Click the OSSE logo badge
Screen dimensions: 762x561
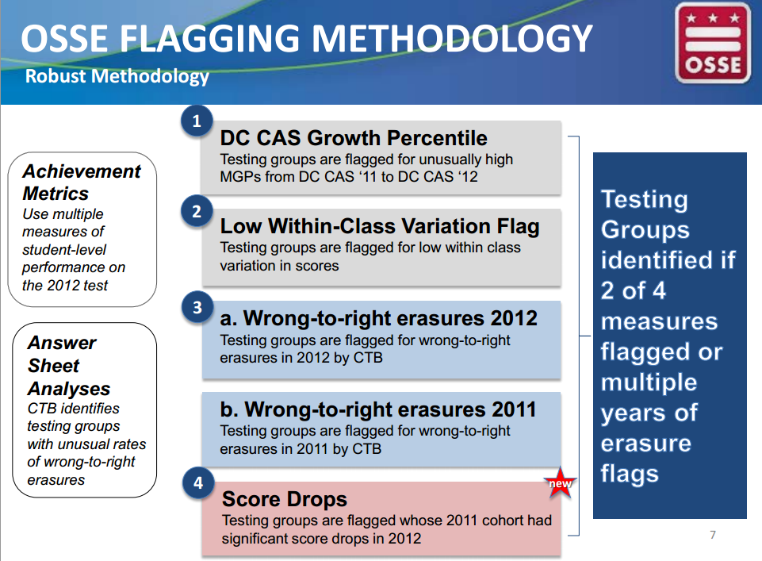(713, 43)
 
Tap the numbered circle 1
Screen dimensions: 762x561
(197, 121)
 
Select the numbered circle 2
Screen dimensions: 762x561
(197, 212)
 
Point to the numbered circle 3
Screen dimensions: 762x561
(197, 307)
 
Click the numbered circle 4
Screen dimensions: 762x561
(198, 483)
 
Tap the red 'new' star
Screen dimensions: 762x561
(560, 482)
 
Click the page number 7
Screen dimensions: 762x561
(713, 535)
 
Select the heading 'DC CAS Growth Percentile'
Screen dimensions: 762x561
(354, 138)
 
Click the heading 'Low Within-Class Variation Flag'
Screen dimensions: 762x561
(380, 226)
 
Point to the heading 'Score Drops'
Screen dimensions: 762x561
(285, 499)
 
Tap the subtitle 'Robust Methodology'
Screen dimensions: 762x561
(117, 76)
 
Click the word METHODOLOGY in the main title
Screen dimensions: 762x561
(452, 38)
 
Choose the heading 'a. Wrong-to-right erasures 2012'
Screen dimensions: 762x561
(378, 318)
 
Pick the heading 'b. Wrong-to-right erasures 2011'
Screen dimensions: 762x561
(378, 409)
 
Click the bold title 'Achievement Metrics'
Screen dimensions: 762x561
(82, 183)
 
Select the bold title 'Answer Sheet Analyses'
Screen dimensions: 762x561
(69, 366)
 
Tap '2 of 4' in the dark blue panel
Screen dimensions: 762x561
(633, 290)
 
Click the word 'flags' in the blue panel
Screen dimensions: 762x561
(630, 474)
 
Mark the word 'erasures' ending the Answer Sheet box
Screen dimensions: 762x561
(56, 480)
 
